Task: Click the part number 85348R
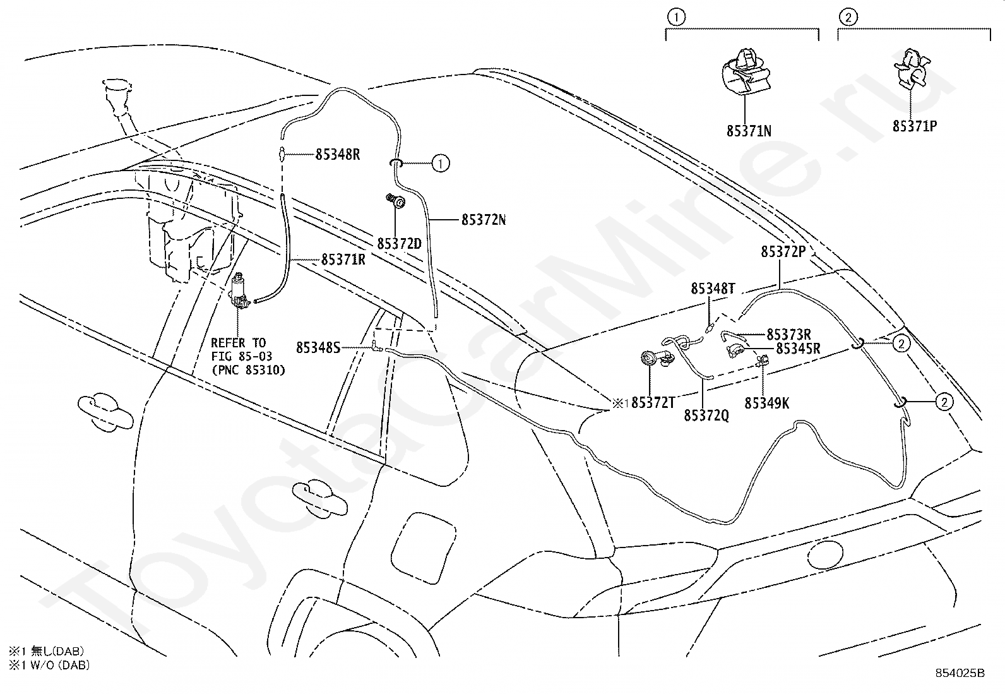pos(337,155)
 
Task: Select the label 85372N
pos(484,220)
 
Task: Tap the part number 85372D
pos(400,244)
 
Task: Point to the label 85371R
pos(343,260)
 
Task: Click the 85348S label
pos(318,347)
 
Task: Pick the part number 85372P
pos(783,251)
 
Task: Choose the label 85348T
pos(713,288)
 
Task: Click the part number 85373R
pos(788,335)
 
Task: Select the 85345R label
pos(798,349)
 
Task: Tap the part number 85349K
pos(767,403)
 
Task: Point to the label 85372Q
pos(706,416)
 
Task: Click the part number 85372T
pos(653,403)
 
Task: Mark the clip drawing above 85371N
pos(746,73)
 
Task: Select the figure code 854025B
pos(960,673)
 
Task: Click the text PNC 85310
pos(249,370)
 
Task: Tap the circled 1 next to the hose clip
pos(440,164)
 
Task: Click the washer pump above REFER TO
pos(240,290)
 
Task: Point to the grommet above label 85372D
pos(396,202)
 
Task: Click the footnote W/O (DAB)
pos(60,665)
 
